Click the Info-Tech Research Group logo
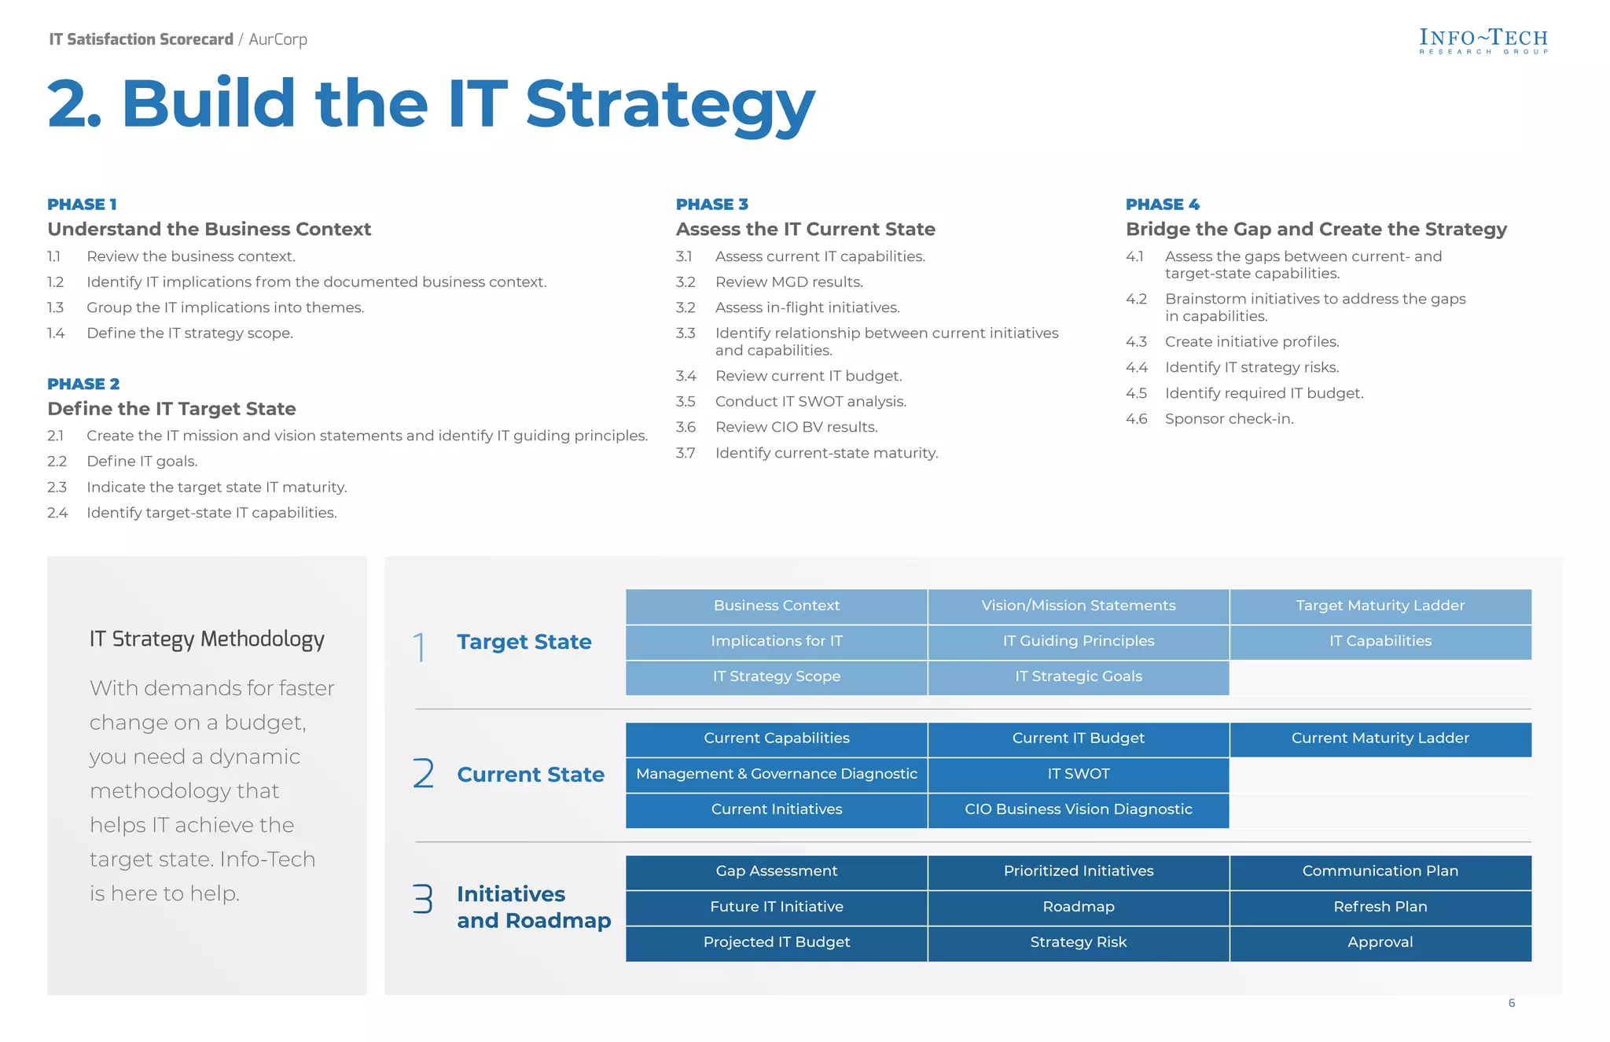click(1483, 41)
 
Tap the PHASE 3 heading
click(711, 204)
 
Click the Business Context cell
click(776, 606)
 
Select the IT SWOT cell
click(1078, 774)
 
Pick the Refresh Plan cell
click(1380, 907)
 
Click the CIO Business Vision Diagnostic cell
click(1078, 809)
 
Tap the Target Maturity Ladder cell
click(1380, 606)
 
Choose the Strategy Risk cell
click(1078, 942)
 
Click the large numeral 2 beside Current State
click(423, 774)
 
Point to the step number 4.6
click(1136, 419)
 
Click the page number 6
click(1511, 1003)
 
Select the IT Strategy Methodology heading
click(207, 639)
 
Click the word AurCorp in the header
click(278, 39)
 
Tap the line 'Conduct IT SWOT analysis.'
click(811, 402)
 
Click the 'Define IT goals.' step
click(142, 462)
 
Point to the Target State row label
click(524, 642)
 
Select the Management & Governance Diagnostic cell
click(776, 774)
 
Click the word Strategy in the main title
click(670, 105)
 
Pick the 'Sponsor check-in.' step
click(1229, 419)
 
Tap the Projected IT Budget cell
click(776, 942)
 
